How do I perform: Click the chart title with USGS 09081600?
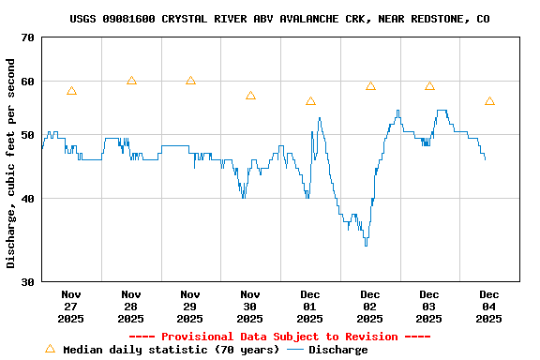pyautogui.click(x=279, y=19)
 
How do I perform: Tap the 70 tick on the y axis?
pyautogui.click(x=25, y=37)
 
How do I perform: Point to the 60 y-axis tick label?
pyautogui.click(x=25, y=82)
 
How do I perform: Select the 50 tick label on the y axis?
pyautogui.click(x=25, y=135)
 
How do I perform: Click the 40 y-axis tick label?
pyautogui.click(x=25, y=199)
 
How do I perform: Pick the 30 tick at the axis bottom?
pyautogui.click(x=25, y=281)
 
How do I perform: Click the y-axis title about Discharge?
pyautogui.click(x=11, y=163)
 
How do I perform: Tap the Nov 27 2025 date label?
pyautogui.click(x=71, y=307)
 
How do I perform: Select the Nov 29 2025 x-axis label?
pyautogui.click(x=190, y=307)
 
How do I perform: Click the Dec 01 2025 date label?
pyautogui.click(x=309, y=307)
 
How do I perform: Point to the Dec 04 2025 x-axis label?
pyautogui.click(x=488, y=307)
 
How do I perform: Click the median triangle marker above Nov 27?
pyautogui.click(x=71, y=91)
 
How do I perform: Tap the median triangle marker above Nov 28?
pyautogui.click(x=131, y=81)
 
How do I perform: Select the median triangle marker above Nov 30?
pyautogui.click(x=250, y=96)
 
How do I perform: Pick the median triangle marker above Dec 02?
pyautogui.click(x=370, y=86)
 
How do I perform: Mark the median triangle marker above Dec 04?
pyautogui.click(x=489, y=101)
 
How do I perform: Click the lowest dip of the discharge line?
pyautogui.click(x=366, y=244)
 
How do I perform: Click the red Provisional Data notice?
pyautogui.click(x=279, y=337)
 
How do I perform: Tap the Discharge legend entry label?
pyautogui.click(x=337, y=350)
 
